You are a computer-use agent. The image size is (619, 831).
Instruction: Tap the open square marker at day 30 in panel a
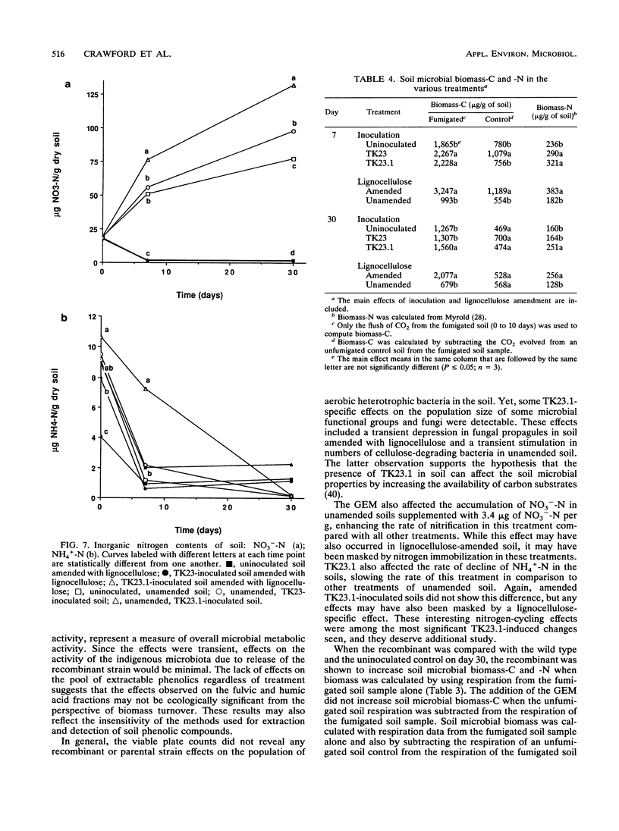coord(293,159)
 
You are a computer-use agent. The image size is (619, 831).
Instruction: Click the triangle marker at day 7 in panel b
coord(146,389)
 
